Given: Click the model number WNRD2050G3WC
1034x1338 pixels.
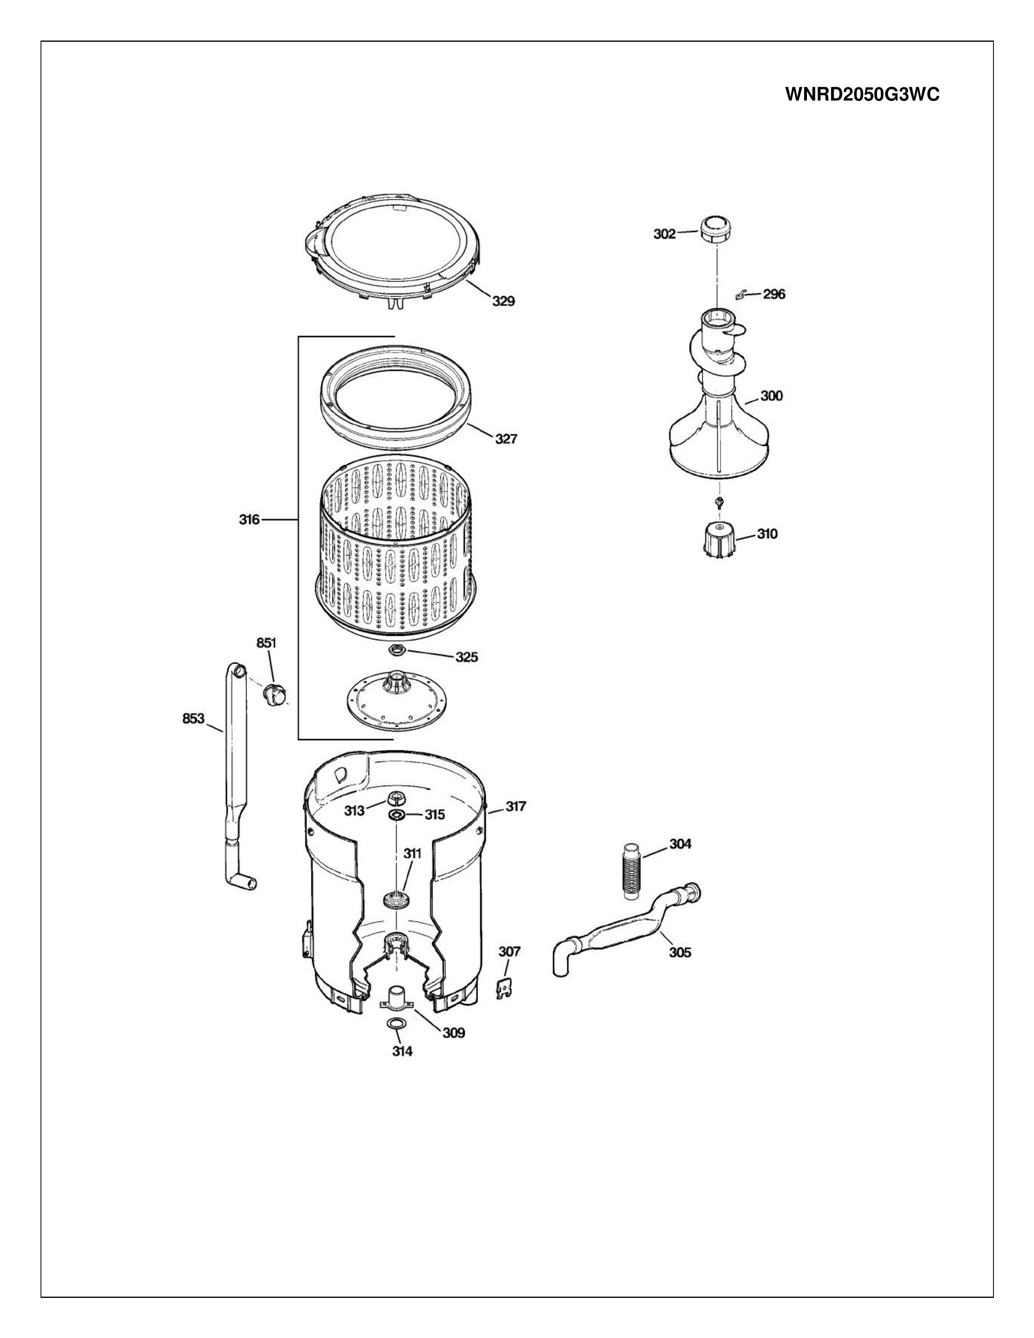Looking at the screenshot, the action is [x=862, y=95].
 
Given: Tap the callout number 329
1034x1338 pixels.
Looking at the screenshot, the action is [x=504, y=301].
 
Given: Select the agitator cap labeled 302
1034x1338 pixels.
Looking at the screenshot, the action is [x=714, y=229].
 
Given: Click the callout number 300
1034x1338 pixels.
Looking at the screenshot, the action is [x=771, y=397].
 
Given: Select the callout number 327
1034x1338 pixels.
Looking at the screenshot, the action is [x=506, y=439].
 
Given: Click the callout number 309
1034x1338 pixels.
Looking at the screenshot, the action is [x=453, y=1034].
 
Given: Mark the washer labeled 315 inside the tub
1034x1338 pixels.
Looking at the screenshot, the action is [x=396, y=814].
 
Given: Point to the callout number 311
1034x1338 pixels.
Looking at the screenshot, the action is [x=412, y=853].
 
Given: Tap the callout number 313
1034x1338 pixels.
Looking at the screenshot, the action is [x=354, y=811].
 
